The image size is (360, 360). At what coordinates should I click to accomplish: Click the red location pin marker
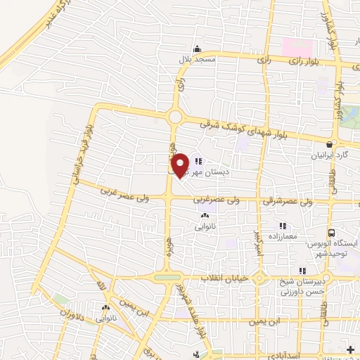point(181,165)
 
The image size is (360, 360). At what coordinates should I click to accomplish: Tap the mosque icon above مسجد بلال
point(198,49)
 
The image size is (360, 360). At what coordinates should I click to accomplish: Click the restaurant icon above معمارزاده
point(283,226)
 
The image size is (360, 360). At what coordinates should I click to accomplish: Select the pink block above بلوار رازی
point(297,47)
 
